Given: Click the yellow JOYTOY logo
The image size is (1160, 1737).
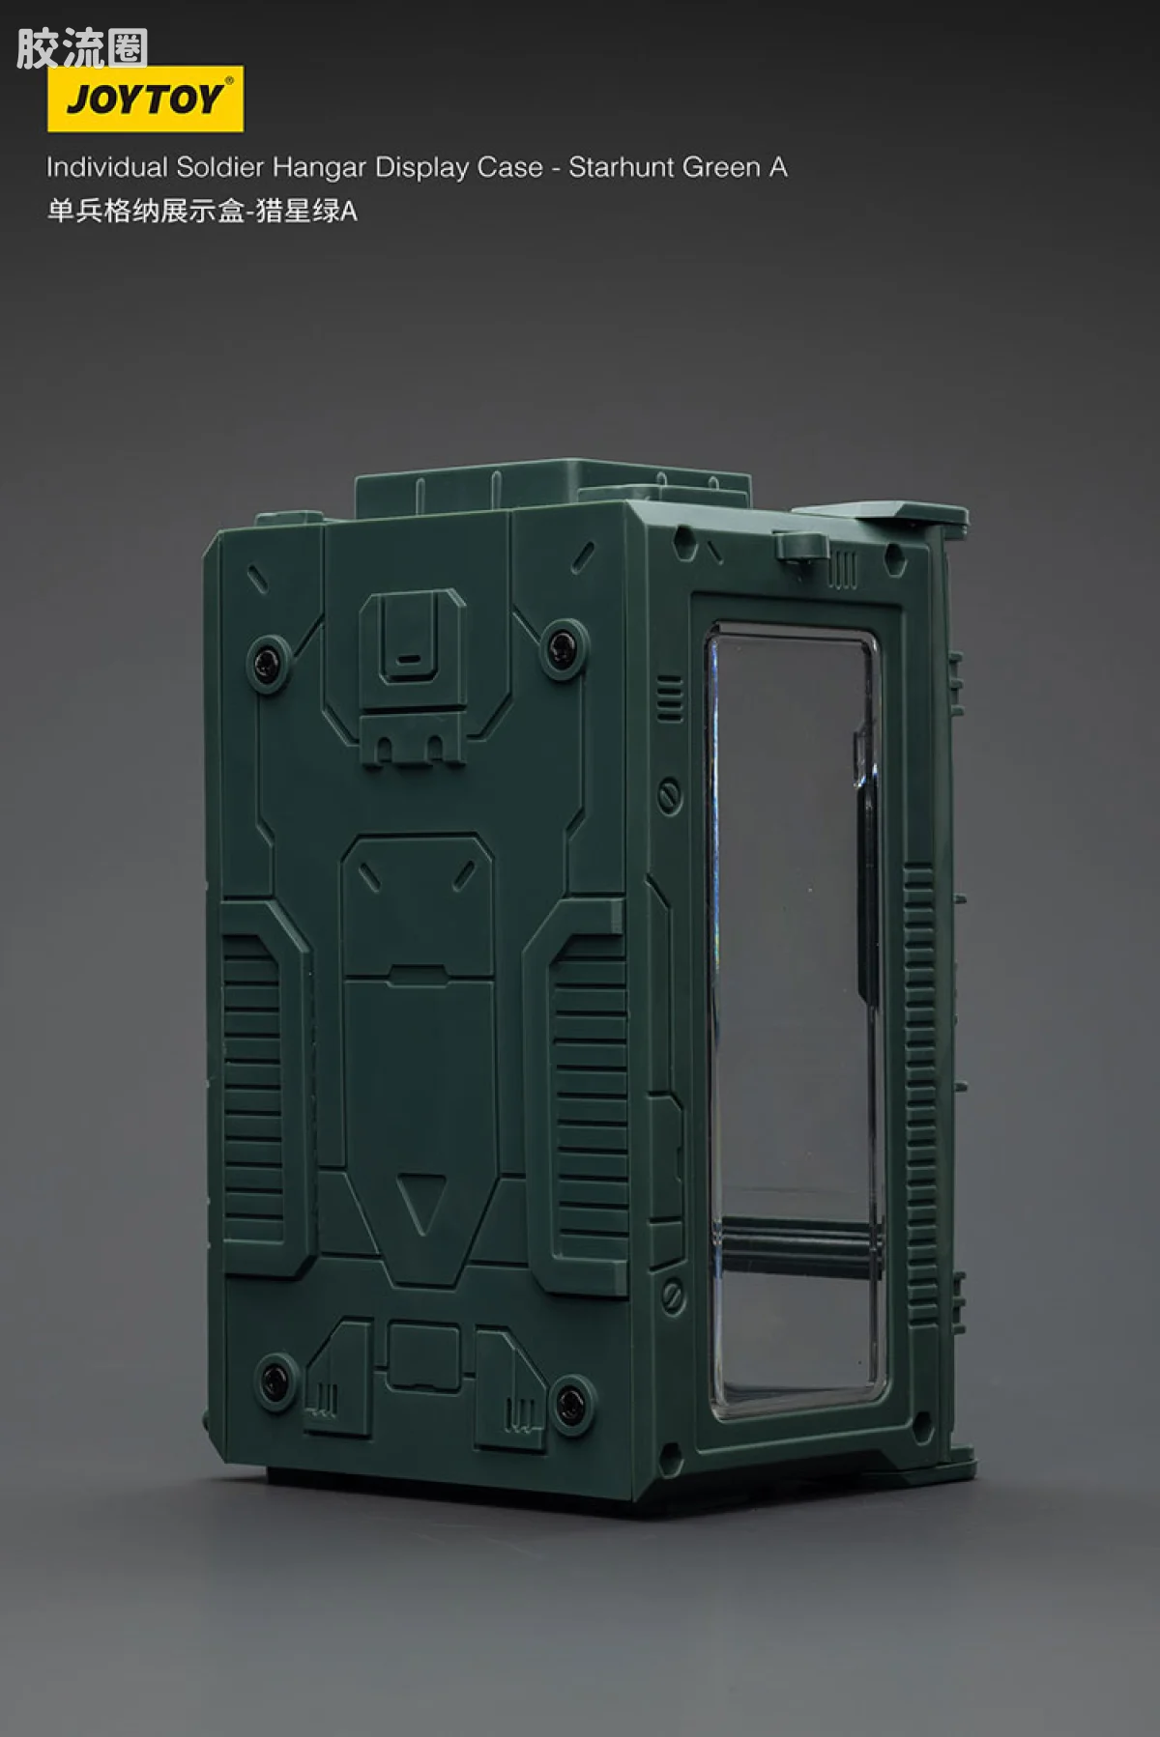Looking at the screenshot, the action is click(x=145, y=99).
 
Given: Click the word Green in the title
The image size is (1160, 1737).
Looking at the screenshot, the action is click(x=716, y=167).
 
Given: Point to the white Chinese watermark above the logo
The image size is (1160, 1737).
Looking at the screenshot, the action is click(x=81, y=48).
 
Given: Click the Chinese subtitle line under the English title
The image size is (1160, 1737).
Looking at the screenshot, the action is click(x=202, y=211).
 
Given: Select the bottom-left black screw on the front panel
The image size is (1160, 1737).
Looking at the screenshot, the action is click(x=275, y=1375).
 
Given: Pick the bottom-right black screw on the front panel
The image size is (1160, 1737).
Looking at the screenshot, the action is click(x=568, y=1396).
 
